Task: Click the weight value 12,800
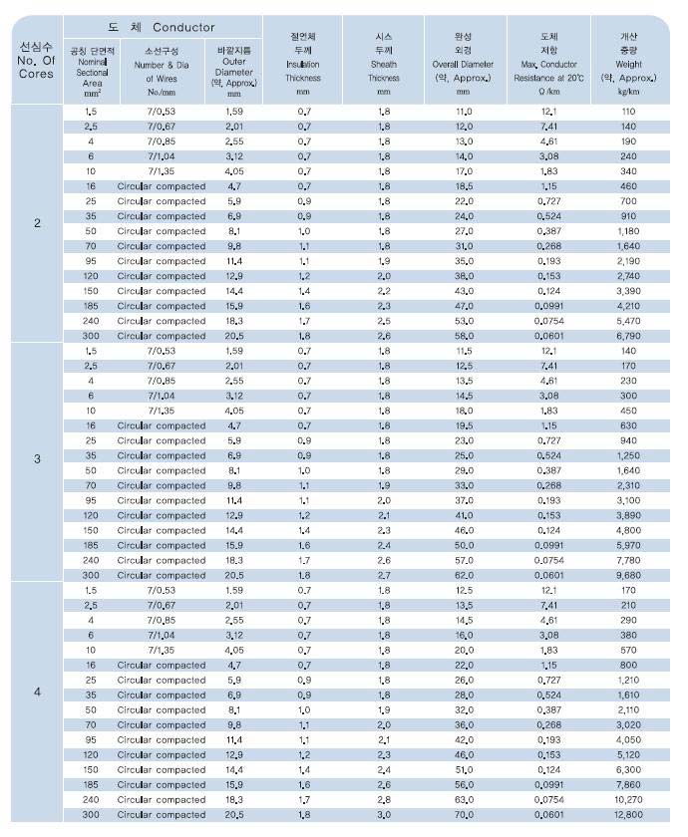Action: click(628, 814)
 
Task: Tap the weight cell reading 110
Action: click(628, 112)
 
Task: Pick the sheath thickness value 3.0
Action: click(384, 814)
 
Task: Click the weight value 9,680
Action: click(628, 575)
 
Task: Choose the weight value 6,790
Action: click(628, 336)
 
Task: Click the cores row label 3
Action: click(38, 458)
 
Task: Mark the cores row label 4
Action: click(38, 691)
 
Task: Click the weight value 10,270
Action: click(628, 799)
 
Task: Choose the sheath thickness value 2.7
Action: click(384, 575)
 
